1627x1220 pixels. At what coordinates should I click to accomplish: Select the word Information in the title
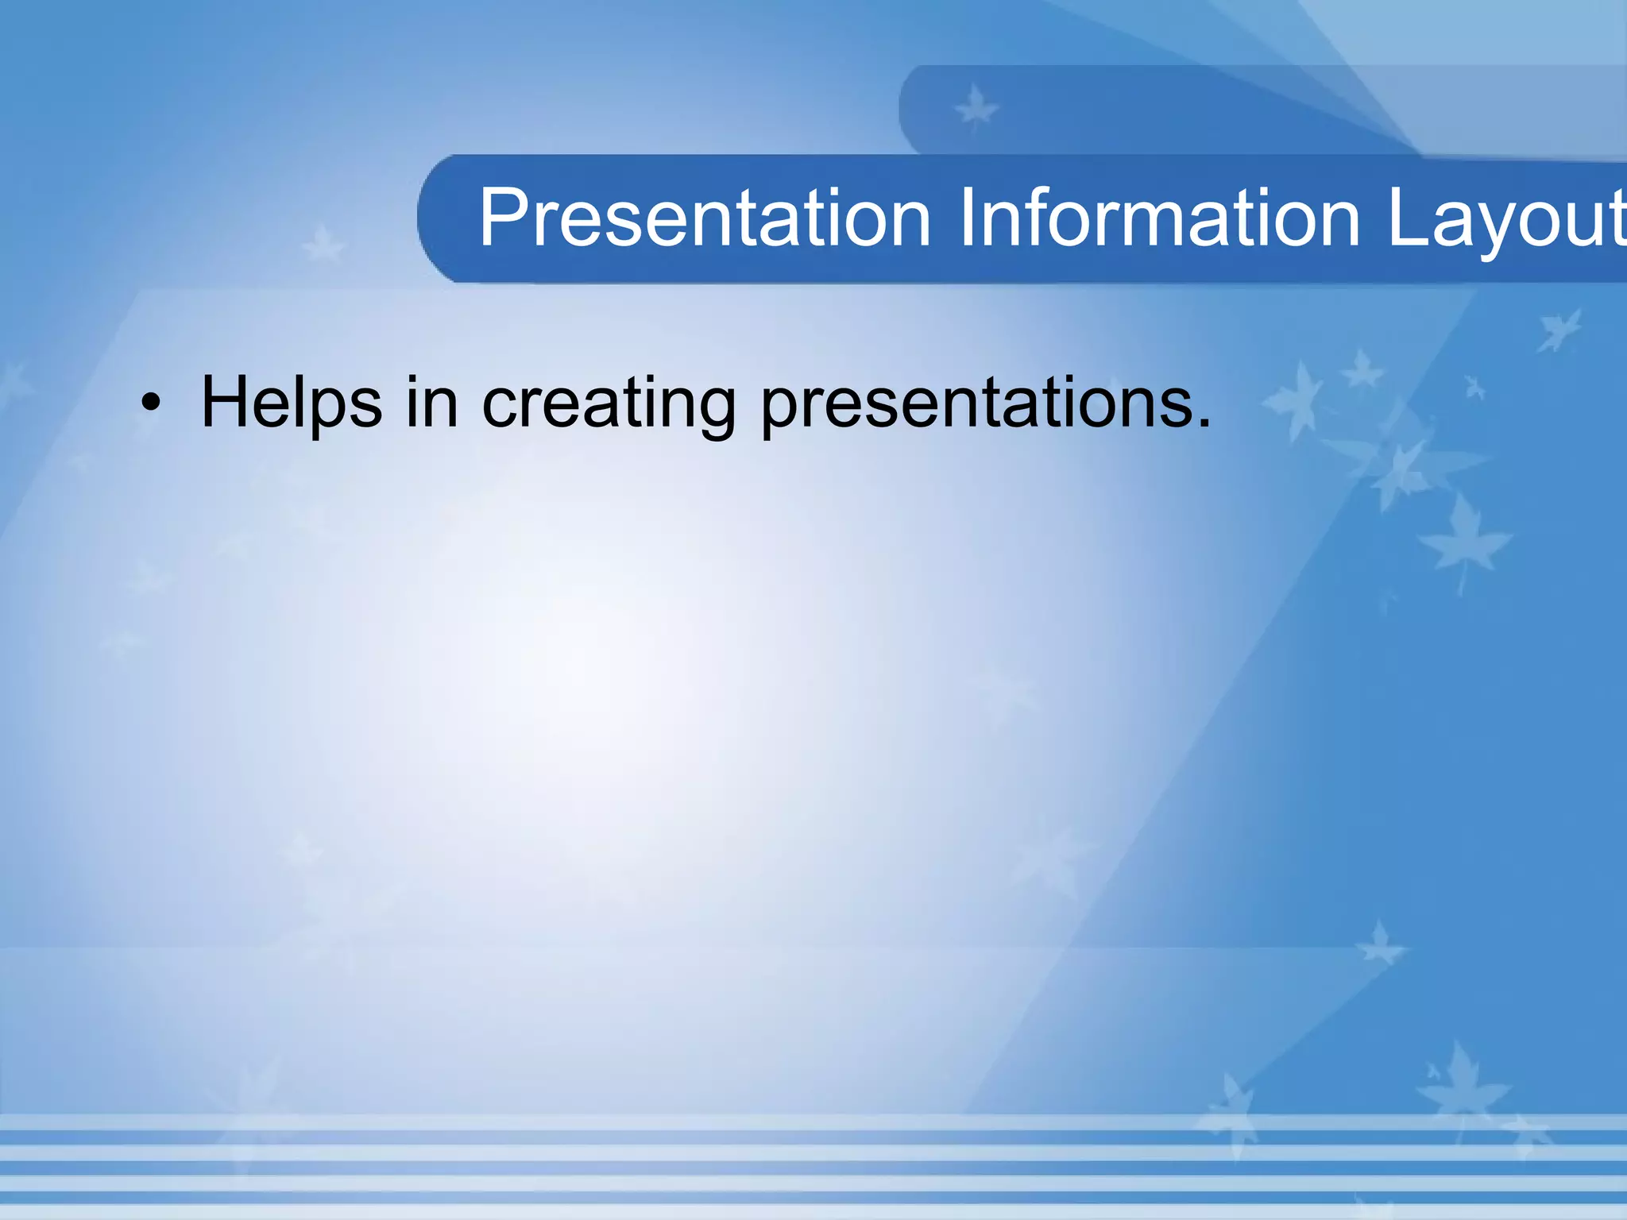click(x=1159, y=218)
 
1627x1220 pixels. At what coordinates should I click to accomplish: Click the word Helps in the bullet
click(x=291, y=403)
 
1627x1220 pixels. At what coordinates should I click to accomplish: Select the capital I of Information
click(x=967, y=218)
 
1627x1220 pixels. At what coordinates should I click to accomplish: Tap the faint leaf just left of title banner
click(x=323, y=244)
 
